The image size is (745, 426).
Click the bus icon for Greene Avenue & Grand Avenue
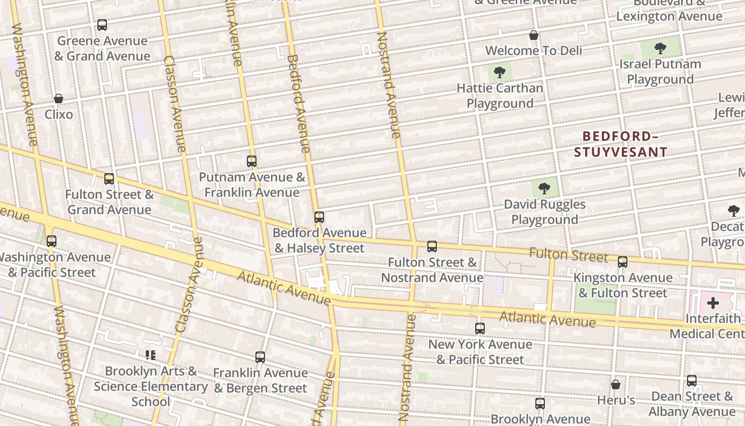coord(102,25)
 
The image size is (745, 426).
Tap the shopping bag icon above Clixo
coord(59,99)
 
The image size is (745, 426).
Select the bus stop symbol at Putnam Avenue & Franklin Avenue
coord(252,161)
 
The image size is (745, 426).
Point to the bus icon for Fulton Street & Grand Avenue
coord(109,178)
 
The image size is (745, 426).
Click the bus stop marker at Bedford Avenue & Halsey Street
coord(319,217)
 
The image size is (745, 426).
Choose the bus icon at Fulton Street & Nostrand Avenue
coord(432,246)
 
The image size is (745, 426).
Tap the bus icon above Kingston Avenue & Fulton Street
coord(623,261)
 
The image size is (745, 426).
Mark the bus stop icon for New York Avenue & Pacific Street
coord(480,328)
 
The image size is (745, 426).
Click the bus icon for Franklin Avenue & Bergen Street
coord(260,357)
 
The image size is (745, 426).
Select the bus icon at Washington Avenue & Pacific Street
coord(52,241)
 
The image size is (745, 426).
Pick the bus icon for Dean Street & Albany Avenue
coord(692,380)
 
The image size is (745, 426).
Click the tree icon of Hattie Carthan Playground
coord(499,72)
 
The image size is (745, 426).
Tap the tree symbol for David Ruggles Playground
coord(544,188)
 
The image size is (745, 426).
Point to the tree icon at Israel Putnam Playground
coord(660,48)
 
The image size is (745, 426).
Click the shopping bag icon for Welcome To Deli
coord(534,35)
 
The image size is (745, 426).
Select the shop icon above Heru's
coord(616,384)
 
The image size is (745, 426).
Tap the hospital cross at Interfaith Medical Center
coord(713,303)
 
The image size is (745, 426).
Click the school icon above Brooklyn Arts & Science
coord(151,355)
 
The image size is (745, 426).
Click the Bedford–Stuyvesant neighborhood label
coord(620,144)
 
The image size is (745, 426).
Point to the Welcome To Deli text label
coord(534,51)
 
